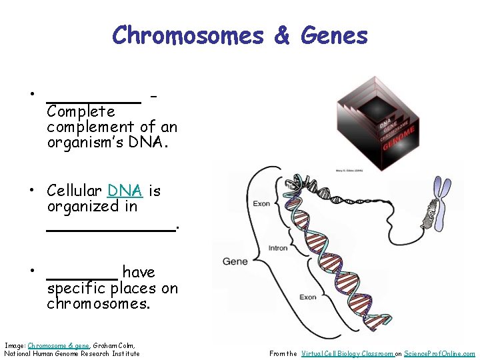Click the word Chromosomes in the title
tap(187, 35)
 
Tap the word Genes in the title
tap(334, 35)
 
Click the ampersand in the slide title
tap(283, 35)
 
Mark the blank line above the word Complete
tap(93, 102)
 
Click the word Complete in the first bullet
tap(81, 111)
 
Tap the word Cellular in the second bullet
tap(74, 191)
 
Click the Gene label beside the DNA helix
tap(235, 261)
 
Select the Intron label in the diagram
tap(277, 248)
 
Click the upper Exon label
tap(261, 203)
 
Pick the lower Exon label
tap(307, 297)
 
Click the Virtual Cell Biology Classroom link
tap(347, 353)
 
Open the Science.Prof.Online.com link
tap(439, 353)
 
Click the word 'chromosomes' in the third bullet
tap(98, 304)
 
